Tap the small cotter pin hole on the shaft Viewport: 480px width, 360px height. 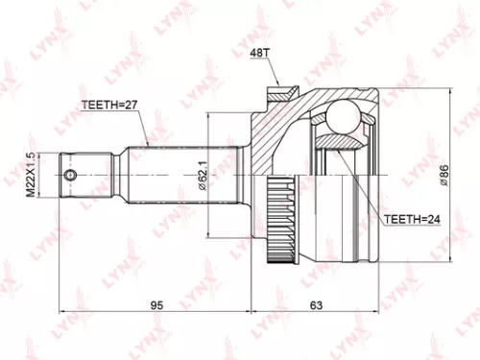point(70,176)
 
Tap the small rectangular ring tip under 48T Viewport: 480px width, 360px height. point(278,93)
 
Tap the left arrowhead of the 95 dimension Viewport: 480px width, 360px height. point(64,311)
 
